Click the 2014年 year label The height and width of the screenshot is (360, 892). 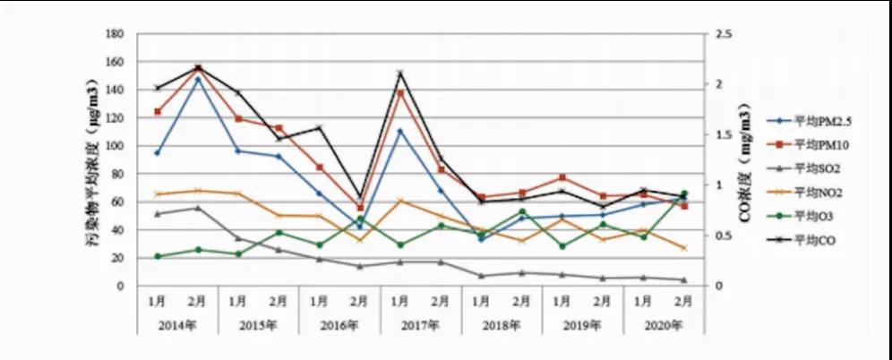pos(177,324)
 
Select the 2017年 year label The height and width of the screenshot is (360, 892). pos(420,324)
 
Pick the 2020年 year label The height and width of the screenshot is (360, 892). pos(663,324)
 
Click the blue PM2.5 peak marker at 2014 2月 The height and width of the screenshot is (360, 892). pos(197,79)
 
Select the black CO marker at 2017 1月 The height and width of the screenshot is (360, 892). pos(399,73)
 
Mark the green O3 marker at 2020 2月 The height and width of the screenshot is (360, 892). pos(684,193)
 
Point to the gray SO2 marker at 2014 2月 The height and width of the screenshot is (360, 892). pos(197,208)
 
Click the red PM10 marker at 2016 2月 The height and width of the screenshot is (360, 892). pos(359,208)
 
